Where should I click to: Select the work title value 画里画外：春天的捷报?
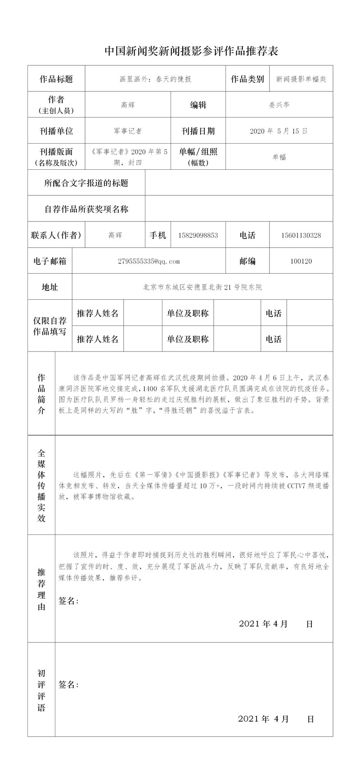point(153,79)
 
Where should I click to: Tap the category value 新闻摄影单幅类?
point(301,79)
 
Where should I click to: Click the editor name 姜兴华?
point(279,105)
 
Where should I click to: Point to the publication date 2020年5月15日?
point(279,131)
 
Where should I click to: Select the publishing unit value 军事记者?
point(128,131)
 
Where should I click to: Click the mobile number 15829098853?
point(198,235)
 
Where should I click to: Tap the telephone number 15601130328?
point(301,235)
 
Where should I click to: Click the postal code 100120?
point(301,261)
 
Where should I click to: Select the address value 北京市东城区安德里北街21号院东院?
point(202,287)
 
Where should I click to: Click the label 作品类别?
point(247,79)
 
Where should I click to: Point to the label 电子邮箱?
point(50,261)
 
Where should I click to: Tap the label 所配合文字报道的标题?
point(86,183)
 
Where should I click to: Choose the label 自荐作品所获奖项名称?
point(86,209)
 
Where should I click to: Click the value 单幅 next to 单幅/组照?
point(279,157)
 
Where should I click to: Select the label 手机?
point(158,235)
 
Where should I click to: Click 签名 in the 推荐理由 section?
point(68,601)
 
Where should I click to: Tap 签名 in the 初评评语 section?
point(68,685)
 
